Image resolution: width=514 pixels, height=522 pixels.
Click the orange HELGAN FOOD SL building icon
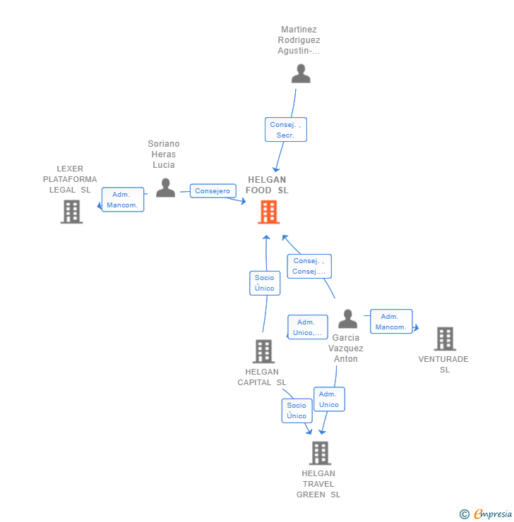(x=268, y=212)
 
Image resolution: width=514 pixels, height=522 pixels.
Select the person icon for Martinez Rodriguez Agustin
(x=301, y=73)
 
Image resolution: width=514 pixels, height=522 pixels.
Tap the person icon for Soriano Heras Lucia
(x=165, y=188)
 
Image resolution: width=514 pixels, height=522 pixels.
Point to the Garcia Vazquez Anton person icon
(x=348, y=319)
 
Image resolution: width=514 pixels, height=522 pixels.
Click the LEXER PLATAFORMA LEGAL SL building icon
(x=71, y=212)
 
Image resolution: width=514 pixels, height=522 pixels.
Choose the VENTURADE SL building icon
(x=445, y=339)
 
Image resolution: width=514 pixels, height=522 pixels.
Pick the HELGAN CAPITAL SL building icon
(x=263, y=351)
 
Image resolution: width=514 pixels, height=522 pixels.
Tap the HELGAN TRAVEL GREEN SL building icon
(x=320, y=453)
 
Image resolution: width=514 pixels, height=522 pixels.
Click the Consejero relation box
(x=213, y=190)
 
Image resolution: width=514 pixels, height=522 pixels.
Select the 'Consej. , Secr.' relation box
(x=286, y=130)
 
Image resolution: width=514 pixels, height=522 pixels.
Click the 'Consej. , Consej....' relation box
(x=309, y=266)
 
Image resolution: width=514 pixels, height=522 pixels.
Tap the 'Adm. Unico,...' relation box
(x=307, y=327)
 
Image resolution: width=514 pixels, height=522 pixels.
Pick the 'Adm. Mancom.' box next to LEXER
(x=123, y=200)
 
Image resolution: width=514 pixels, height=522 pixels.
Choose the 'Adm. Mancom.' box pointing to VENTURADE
(x=391, y=321)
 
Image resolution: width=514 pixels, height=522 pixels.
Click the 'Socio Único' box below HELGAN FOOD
(x=265, y=283)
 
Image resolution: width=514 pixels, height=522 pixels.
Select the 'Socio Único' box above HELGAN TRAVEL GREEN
(x=297, y=411)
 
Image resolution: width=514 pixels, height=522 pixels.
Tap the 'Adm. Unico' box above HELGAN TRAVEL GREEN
(x=329, y=399)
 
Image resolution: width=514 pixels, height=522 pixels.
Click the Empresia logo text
(x=493, y=514)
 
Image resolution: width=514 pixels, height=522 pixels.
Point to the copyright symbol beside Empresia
(x=465, y=514)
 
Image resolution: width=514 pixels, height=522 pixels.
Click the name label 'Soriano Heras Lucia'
(x=164, y=154)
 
